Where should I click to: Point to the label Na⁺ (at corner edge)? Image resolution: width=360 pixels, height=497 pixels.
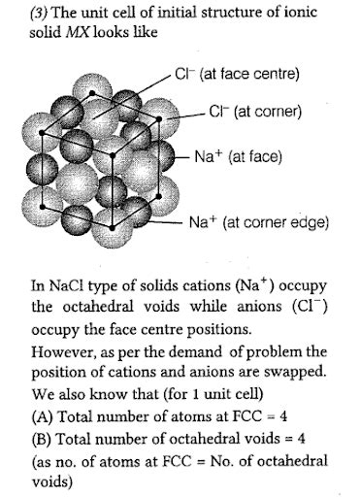pyautogui.click(x=273, y=222)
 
